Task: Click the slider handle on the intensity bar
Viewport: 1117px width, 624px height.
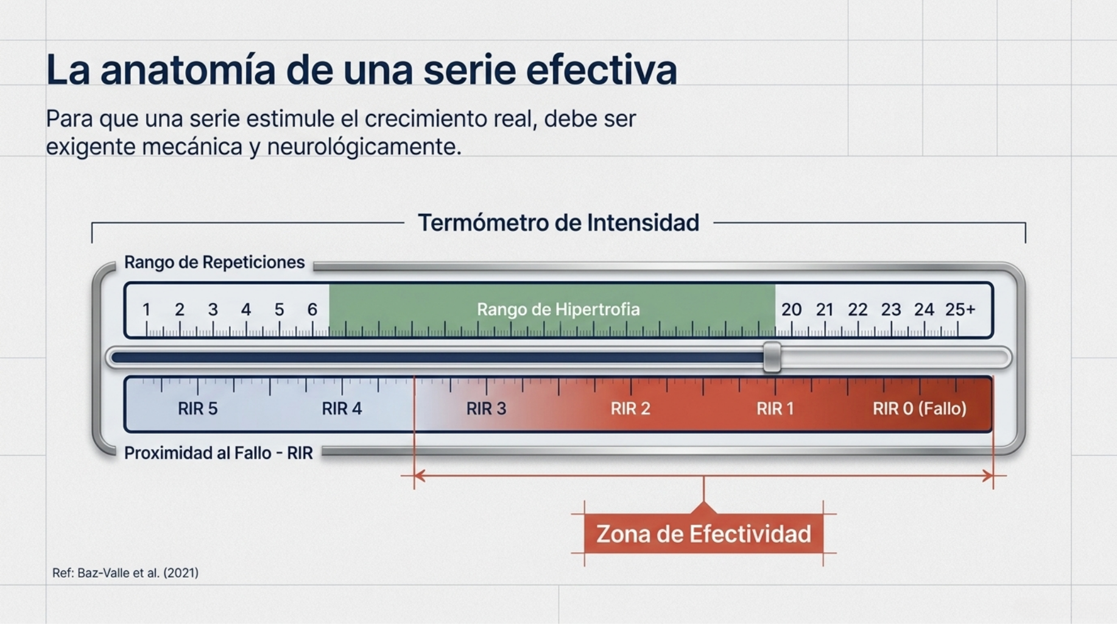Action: (x=772, y=357)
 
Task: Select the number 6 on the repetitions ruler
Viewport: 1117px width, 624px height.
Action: (x=312, y=310)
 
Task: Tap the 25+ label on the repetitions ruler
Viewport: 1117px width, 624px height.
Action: (x=960, y=310)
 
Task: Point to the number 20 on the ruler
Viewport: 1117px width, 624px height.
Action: (x=791, y=310)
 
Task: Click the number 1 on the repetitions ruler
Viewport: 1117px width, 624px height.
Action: (x=146, y=310)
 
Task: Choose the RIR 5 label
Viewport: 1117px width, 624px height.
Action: (x=197, y=408)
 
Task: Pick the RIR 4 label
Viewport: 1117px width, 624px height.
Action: (x=342, y=408)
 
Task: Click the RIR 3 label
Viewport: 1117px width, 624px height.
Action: (x=486, y=408)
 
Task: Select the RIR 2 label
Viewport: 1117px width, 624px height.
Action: (x=630, y=408)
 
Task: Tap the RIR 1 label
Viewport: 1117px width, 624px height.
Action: (x=775, y=408)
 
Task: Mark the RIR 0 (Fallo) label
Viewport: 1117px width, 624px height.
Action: (x=919, y=408)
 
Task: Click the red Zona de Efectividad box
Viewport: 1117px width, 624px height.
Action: (x=703, y=533)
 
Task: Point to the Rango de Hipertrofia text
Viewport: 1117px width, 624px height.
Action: (x=558, y=310)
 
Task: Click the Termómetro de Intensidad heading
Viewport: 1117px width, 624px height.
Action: (x=558, y=223)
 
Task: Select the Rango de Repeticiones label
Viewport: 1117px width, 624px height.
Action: (x=214, y=262)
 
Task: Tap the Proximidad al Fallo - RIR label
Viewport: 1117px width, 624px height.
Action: (x=219, y=453)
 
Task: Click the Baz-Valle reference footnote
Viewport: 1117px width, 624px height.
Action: (x=125, y=573)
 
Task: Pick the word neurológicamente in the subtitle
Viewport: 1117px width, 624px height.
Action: (x=364, y=147)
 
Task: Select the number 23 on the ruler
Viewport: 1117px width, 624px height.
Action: (x=891, y=310)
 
